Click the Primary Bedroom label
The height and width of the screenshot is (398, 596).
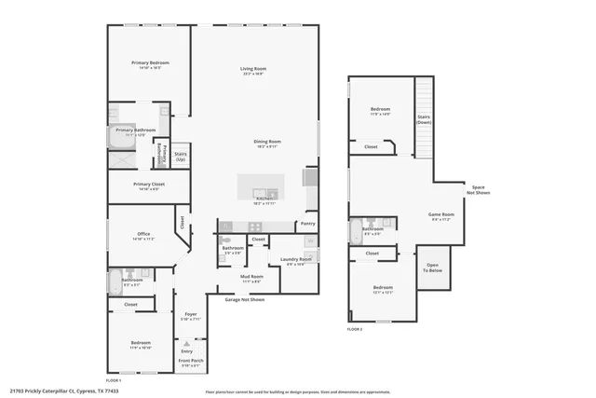[150, 62]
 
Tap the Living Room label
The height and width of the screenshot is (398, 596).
[253, 68]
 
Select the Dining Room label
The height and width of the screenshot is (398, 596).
[267, 142]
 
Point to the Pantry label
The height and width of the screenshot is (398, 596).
[307, 225]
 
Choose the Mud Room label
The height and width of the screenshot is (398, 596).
[252, 277]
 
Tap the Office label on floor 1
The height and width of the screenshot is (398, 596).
[143, 234]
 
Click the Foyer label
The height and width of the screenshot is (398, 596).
[190, 314]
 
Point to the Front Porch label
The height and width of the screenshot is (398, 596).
[191, 361]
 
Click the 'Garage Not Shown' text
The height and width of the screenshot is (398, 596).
[245, 299]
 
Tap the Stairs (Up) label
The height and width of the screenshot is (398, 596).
[181, 155]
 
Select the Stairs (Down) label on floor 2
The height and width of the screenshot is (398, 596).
[424, 119]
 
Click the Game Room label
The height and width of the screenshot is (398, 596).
[440, 214]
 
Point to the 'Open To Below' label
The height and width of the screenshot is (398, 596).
[432, 267]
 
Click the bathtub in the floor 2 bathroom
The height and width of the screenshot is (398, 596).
[356, 230]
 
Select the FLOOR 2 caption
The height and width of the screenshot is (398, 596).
[355, 329]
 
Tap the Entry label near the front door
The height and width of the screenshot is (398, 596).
[186, 350]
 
